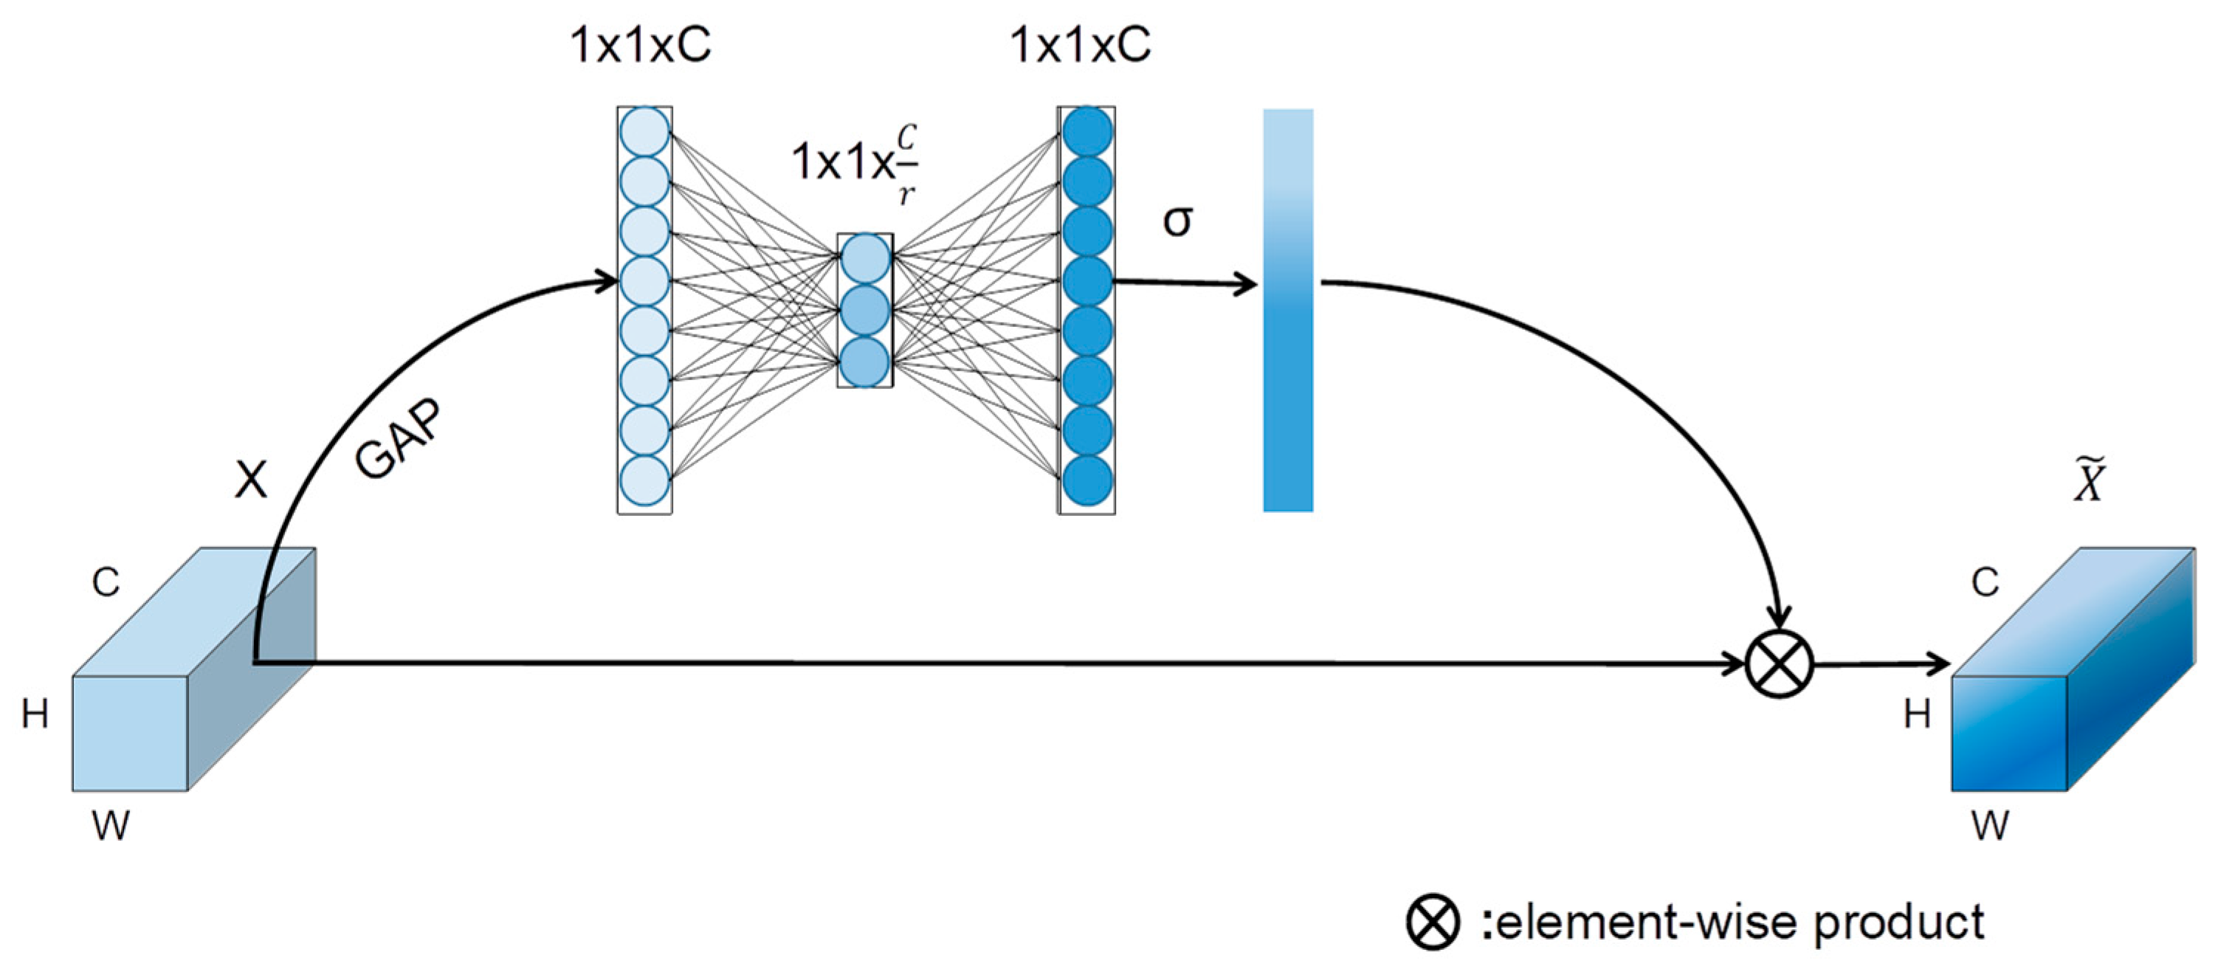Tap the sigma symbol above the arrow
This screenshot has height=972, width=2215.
[1177, 221]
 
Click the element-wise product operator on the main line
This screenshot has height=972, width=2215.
[1779, 664]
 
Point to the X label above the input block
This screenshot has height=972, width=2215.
[251, 479]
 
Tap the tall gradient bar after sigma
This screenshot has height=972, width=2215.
[1287, 310]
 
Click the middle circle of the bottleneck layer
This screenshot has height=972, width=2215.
[865, 310]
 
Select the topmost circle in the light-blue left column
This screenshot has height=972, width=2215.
[644, 131]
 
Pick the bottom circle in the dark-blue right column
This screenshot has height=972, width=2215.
[1087, 479]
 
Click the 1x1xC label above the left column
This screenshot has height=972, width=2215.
[641, 45]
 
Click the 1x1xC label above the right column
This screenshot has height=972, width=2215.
[1080, 45]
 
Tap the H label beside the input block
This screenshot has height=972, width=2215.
[35, 714]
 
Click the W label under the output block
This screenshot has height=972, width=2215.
[1991, 826]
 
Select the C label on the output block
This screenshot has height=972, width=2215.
[1985, 583]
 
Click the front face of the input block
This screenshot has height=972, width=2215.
[130, 733]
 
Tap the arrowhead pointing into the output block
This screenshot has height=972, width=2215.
[1939, 663]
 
